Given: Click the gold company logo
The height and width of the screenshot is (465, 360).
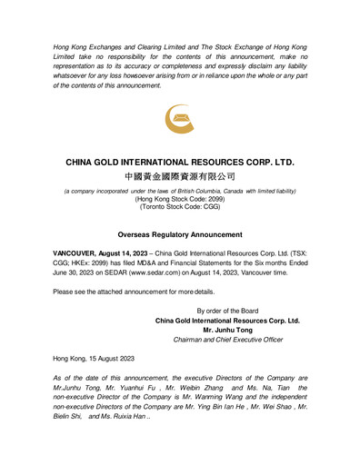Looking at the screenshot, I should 179,122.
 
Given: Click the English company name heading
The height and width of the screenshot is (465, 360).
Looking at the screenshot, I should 180,163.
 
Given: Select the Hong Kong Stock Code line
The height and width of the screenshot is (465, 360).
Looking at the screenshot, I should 179,199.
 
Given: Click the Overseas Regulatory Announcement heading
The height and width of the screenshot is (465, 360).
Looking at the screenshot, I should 179,233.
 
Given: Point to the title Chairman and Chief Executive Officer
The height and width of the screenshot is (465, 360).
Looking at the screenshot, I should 235,340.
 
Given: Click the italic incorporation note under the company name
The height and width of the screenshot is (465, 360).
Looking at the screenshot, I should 179,191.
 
